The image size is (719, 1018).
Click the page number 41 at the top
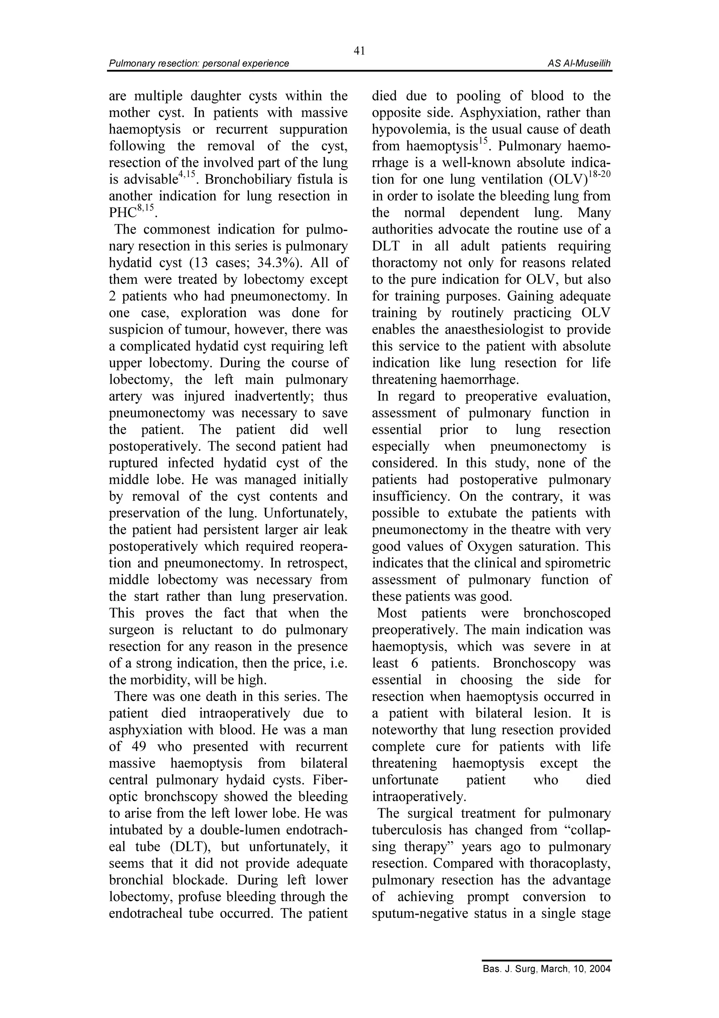coord(359,51)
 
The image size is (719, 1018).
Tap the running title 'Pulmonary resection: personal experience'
coord(199,63)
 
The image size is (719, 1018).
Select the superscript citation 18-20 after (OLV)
coord(600,174)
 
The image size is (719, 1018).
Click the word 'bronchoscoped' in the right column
coord(567,613)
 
